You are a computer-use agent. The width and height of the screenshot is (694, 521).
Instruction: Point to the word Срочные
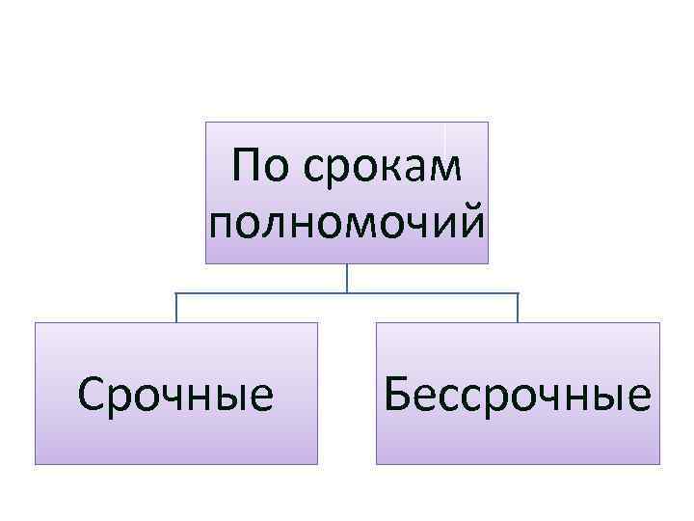click(176, 395)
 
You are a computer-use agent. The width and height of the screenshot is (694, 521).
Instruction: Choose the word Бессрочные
click(518, 395)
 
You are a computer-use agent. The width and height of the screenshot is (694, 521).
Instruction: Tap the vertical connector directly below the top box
click(347, 278)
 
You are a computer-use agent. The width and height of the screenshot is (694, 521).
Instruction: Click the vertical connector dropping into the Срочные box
click(176, 307)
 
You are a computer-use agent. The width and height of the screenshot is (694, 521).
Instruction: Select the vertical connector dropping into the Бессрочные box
click(518, 307)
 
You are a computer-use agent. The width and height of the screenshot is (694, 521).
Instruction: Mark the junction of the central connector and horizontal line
click(347, 292)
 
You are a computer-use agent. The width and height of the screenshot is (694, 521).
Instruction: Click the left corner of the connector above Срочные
click(176, 292)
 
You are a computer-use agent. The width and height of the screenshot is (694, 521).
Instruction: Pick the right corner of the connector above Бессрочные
click(518, 292)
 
